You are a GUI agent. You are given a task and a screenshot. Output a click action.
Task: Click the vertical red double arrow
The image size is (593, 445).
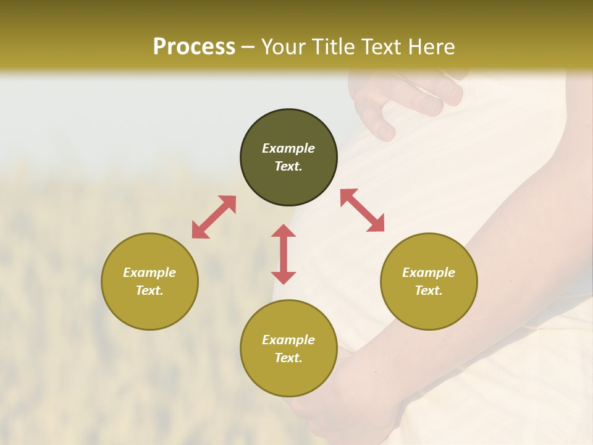pos(284,254)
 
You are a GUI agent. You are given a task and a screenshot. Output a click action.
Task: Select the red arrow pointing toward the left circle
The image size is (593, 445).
pos(214,217)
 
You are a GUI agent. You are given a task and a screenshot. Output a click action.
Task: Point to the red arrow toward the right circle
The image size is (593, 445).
pos(362,210)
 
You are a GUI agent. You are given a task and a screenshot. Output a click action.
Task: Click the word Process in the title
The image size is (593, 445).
pos(194,47)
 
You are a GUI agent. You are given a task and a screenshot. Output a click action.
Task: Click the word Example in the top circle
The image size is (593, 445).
pos(288,148)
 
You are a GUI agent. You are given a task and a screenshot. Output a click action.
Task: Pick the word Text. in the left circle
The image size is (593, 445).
pos(149,290)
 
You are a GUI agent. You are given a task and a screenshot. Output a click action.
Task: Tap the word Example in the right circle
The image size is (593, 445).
pos(429,273)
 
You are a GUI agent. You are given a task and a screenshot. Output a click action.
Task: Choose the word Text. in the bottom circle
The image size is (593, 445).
pos(288,358)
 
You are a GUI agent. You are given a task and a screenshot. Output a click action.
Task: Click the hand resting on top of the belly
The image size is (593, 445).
pos(408,99)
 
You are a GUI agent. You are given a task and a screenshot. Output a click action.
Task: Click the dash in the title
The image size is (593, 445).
pos(248,47)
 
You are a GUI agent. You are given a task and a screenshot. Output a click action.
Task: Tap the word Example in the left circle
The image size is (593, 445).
pos(149,273)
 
